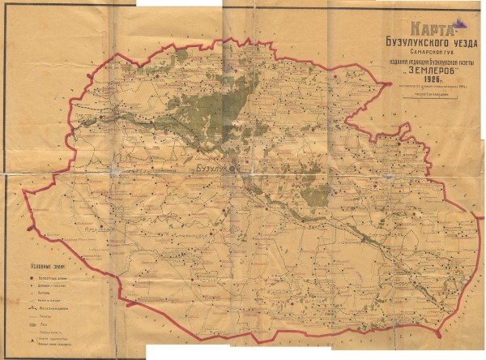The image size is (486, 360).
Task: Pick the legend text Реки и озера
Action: (49, 301)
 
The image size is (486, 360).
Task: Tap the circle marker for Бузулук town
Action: (232, 168)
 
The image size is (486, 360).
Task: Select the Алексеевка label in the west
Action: (94, 229)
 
